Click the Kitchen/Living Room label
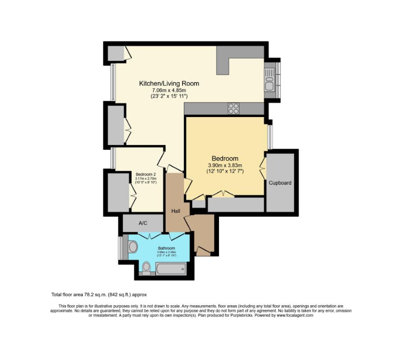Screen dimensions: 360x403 coord(169,83)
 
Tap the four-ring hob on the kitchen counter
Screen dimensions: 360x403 coord(234,108)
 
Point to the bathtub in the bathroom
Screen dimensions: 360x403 coord(170,269)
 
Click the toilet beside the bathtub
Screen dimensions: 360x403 coord(146,268)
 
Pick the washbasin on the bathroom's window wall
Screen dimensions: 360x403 coord(133,247)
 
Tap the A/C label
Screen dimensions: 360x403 coord(143,223)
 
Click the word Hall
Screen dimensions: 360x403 coord(176,211)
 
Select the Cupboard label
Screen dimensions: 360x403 coord(280,183)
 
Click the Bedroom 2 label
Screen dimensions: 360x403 coord(146,174)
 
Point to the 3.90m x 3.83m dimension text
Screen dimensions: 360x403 coord(225,165)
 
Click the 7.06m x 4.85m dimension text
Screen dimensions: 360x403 coord(169,90)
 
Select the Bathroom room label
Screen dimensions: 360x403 coord(166,248)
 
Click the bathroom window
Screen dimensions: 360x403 coord(120,247)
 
